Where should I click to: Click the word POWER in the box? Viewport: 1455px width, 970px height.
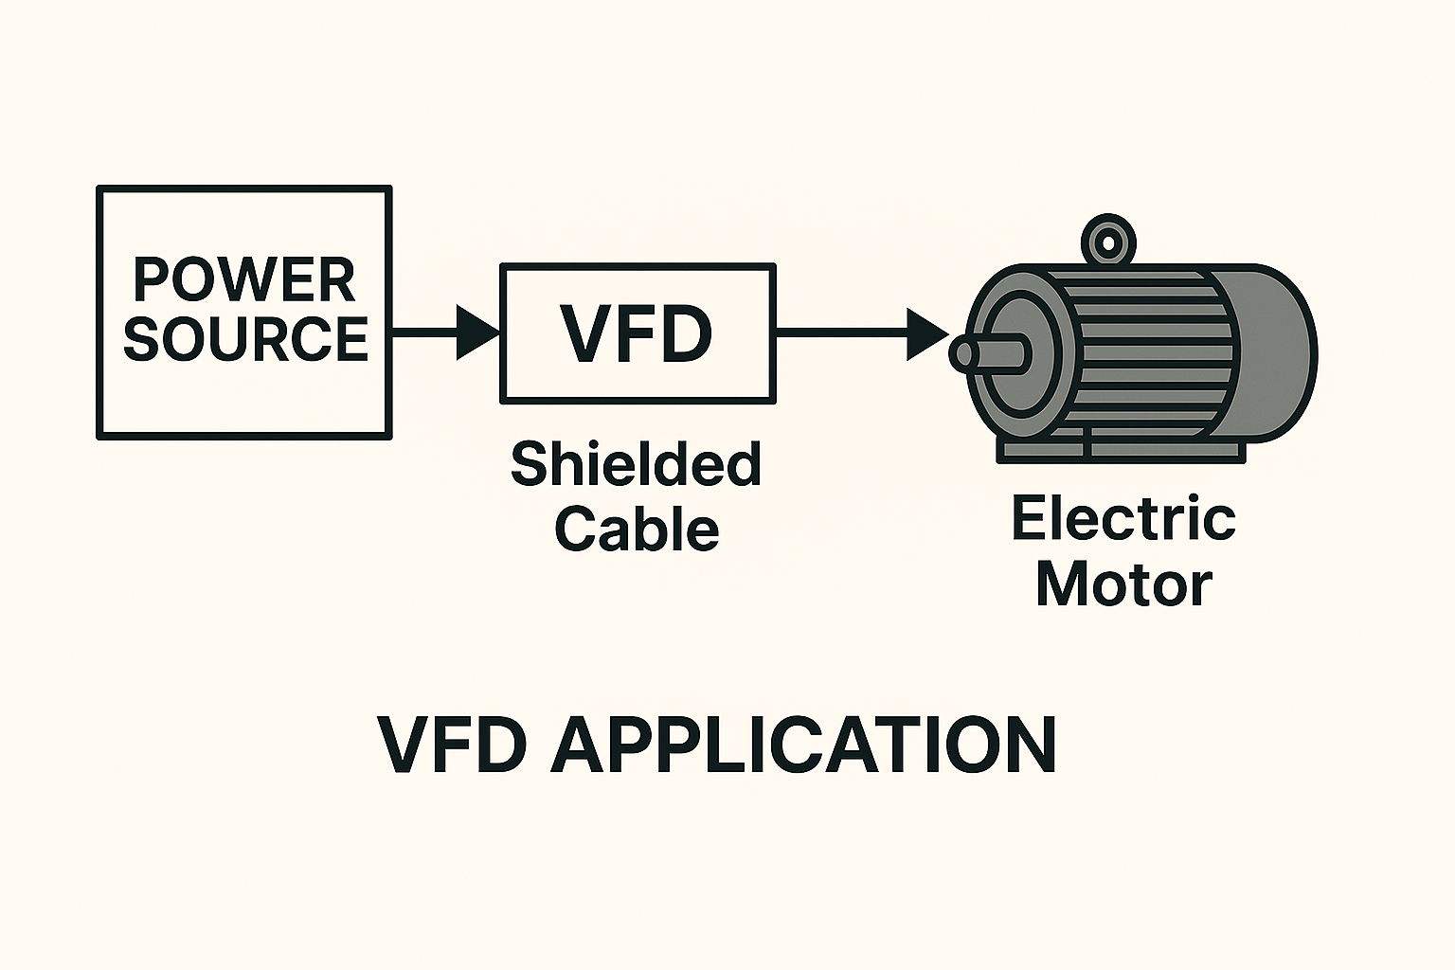click(244, 279)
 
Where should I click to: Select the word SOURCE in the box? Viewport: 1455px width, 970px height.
click(245, 338)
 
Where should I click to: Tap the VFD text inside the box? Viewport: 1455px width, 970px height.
click(637, 333)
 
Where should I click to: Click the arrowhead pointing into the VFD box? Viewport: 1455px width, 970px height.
click(476, 332)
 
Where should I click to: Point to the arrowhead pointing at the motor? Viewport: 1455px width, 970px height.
click(926, 333)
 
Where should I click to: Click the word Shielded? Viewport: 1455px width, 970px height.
click(636, 463)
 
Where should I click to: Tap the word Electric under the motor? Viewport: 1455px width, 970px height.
click(1123, 518)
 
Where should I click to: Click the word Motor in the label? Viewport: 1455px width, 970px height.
click(1123, 584)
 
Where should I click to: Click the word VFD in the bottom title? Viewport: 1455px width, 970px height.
click(452, 745)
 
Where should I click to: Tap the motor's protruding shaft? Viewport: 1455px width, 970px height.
click(990, 353)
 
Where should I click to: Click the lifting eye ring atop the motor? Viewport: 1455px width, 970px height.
click(1107, 240)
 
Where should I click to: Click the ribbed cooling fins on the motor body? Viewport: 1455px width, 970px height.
click(1146, 350)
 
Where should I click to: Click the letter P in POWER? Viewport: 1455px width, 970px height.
click(152, 279)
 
